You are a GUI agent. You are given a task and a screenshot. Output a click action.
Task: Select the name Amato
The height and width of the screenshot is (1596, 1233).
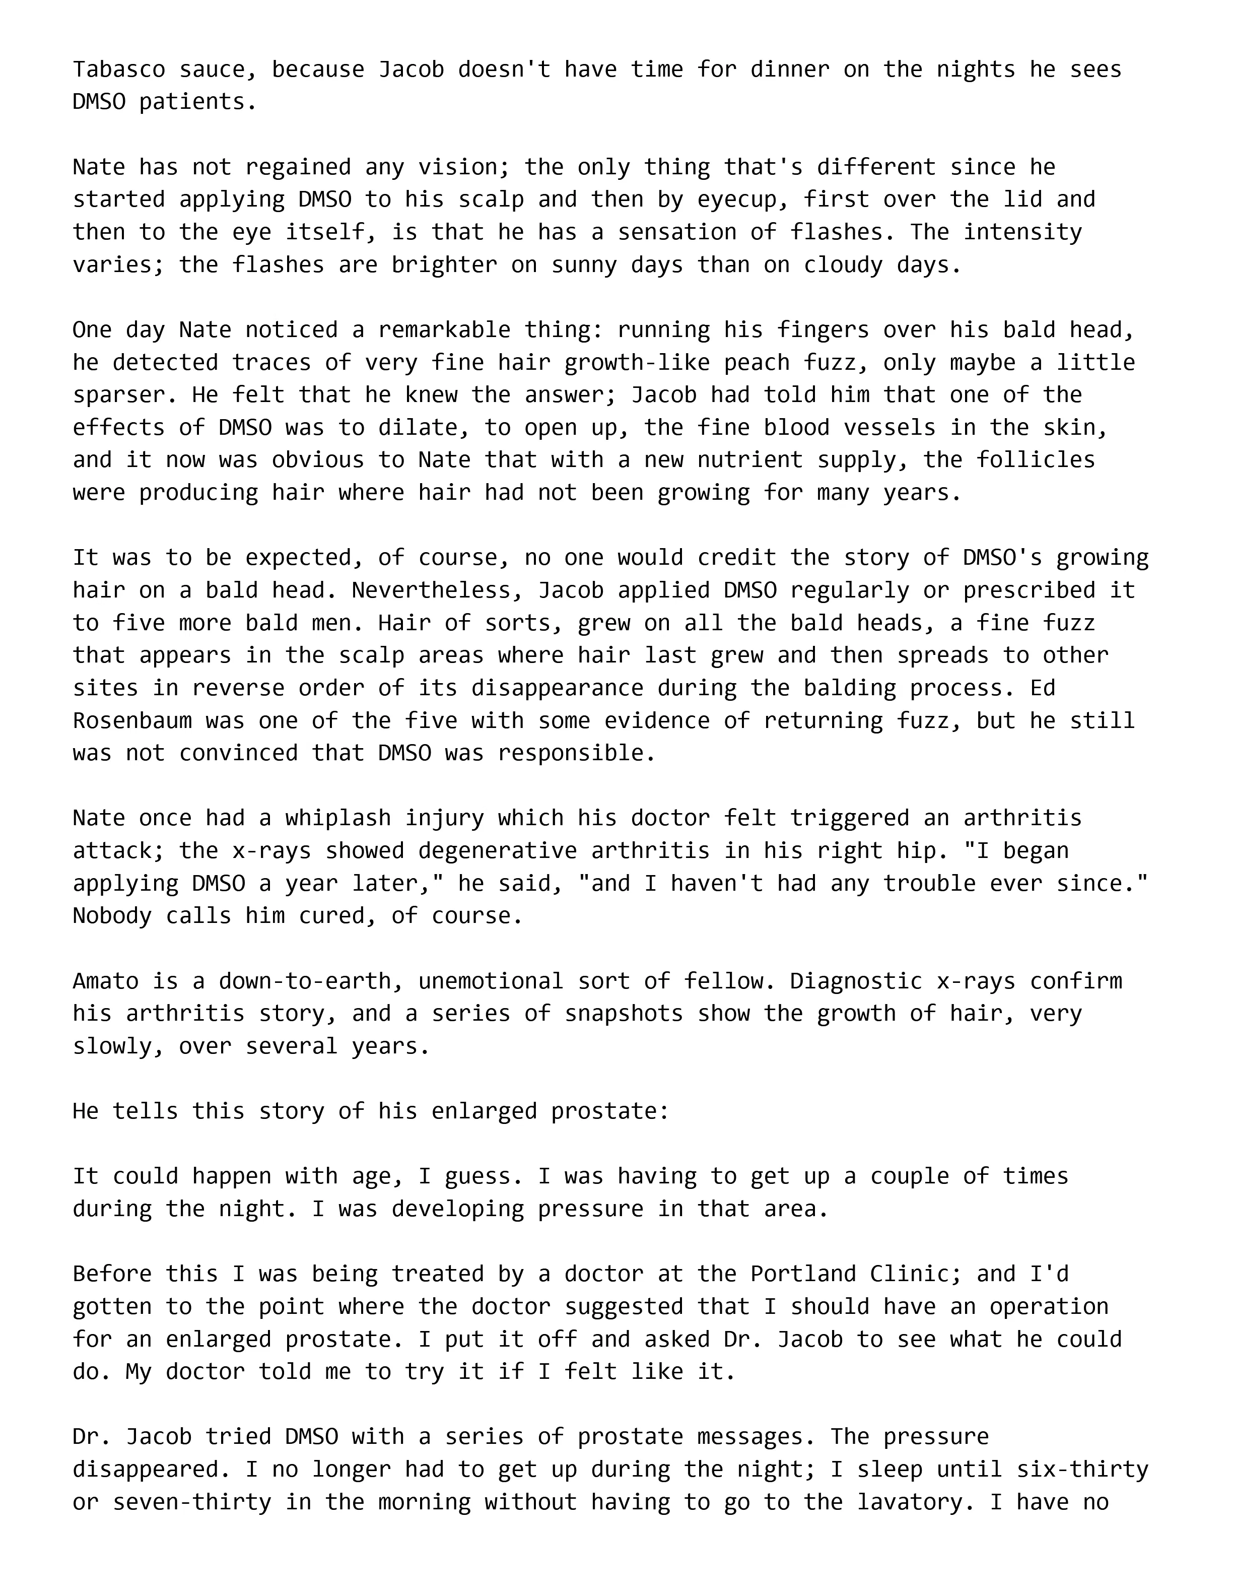pos(105,981)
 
